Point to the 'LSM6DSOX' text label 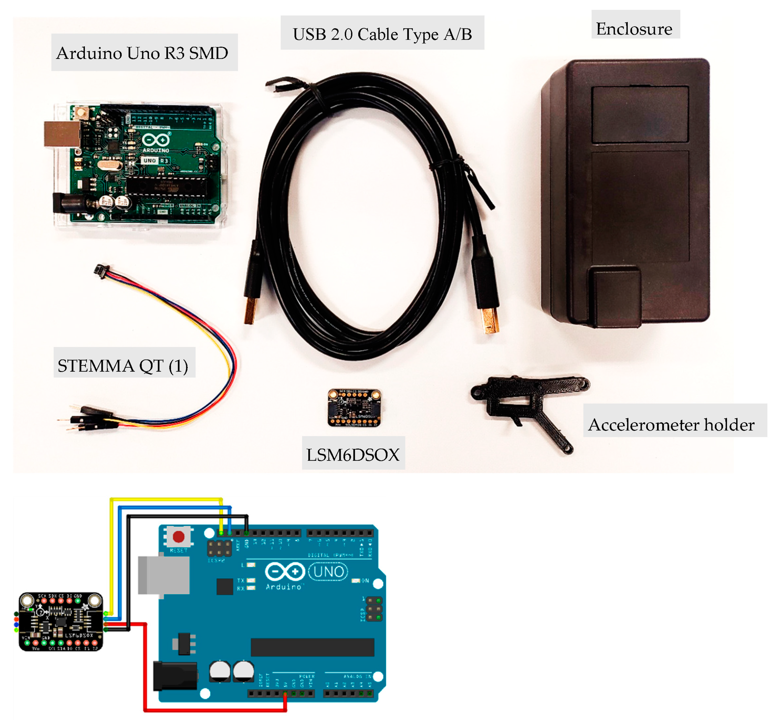353,454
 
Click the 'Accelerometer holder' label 671,424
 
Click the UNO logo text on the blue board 328,572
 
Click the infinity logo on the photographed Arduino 156,140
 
